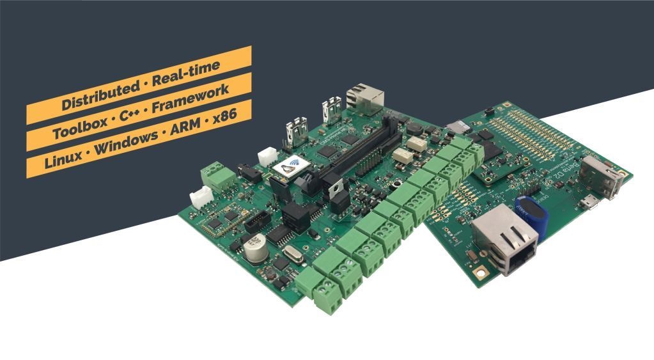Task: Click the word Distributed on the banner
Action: (96, 95)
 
